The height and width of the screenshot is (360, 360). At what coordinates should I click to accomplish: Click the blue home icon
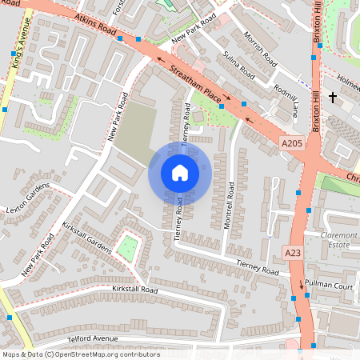point(180,172)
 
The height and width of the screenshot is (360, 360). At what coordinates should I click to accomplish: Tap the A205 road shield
point(292,142)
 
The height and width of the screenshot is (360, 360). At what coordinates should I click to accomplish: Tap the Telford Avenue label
point(93,338)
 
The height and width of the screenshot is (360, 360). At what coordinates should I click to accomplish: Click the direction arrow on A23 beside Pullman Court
point(302,284)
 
